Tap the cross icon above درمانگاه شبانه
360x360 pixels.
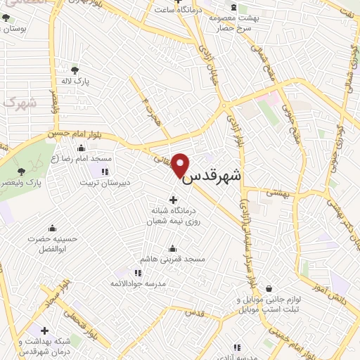[x=173, y=199]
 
